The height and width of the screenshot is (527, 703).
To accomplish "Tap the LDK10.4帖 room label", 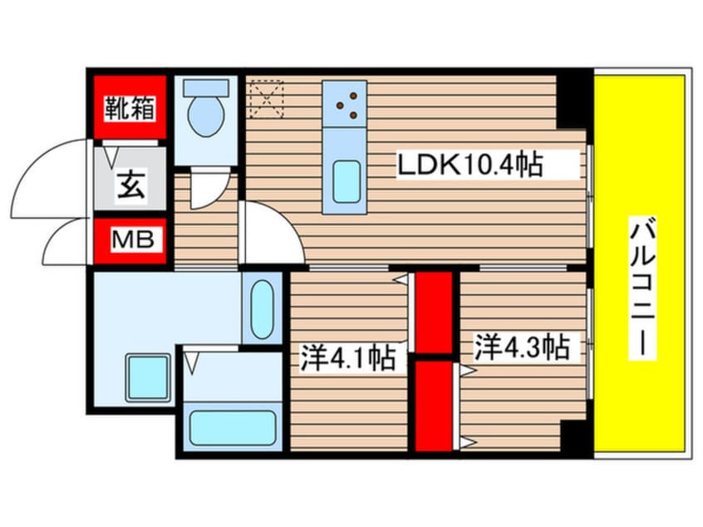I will point(469,165).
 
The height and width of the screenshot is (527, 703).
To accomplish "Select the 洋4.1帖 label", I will point(347,359).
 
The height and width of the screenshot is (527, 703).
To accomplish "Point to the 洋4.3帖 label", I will point(522,347).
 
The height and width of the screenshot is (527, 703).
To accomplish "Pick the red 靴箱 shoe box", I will point(129,107).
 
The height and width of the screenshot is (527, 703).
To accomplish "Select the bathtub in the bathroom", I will point(232,427).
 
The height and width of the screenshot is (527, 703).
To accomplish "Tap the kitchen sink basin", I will point(347,182).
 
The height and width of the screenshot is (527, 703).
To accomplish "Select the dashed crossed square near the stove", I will point(266,97).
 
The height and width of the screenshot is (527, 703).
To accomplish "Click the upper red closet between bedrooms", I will point(433,313).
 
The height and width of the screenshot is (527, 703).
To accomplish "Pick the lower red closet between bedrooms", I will point(433,405).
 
